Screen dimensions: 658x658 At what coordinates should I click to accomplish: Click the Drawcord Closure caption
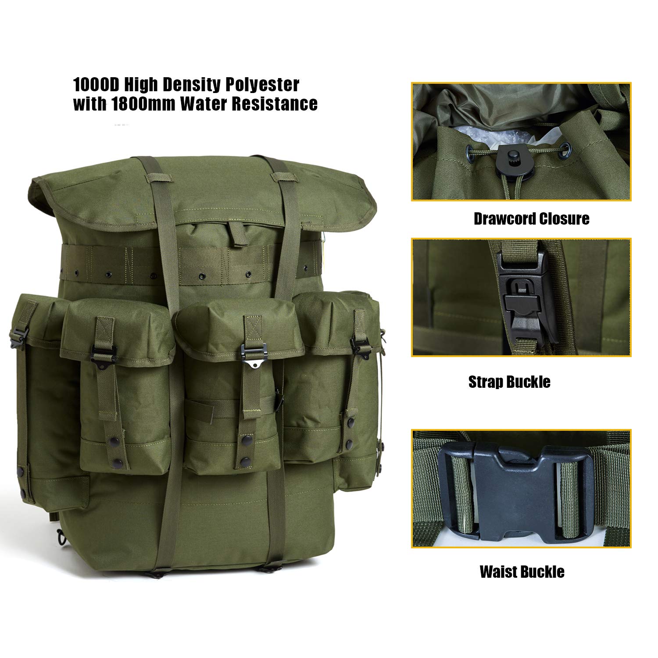tap(531, 218)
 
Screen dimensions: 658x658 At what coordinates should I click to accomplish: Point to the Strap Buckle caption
tap(509, 382)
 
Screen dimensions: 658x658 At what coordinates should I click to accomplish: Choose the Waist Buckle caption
tap(522, 572)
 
